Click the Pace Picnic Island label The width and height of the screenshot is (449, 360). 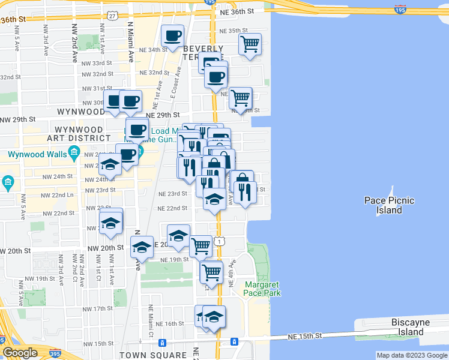point(389,205)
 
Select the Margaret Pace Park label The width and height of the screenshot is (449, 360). point(262,289)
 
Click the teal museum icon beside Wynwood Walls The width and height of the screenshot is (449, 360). point(74,153)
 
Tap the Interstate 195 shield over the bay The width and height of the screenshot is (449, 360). point(400,10)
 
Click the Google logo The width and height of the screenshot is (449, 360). point(20,353)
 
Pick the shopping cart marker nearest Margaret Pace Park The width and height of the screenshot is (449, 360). point(211,272)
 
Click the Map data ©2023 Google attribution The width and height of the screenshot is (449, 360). point(411,355)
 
